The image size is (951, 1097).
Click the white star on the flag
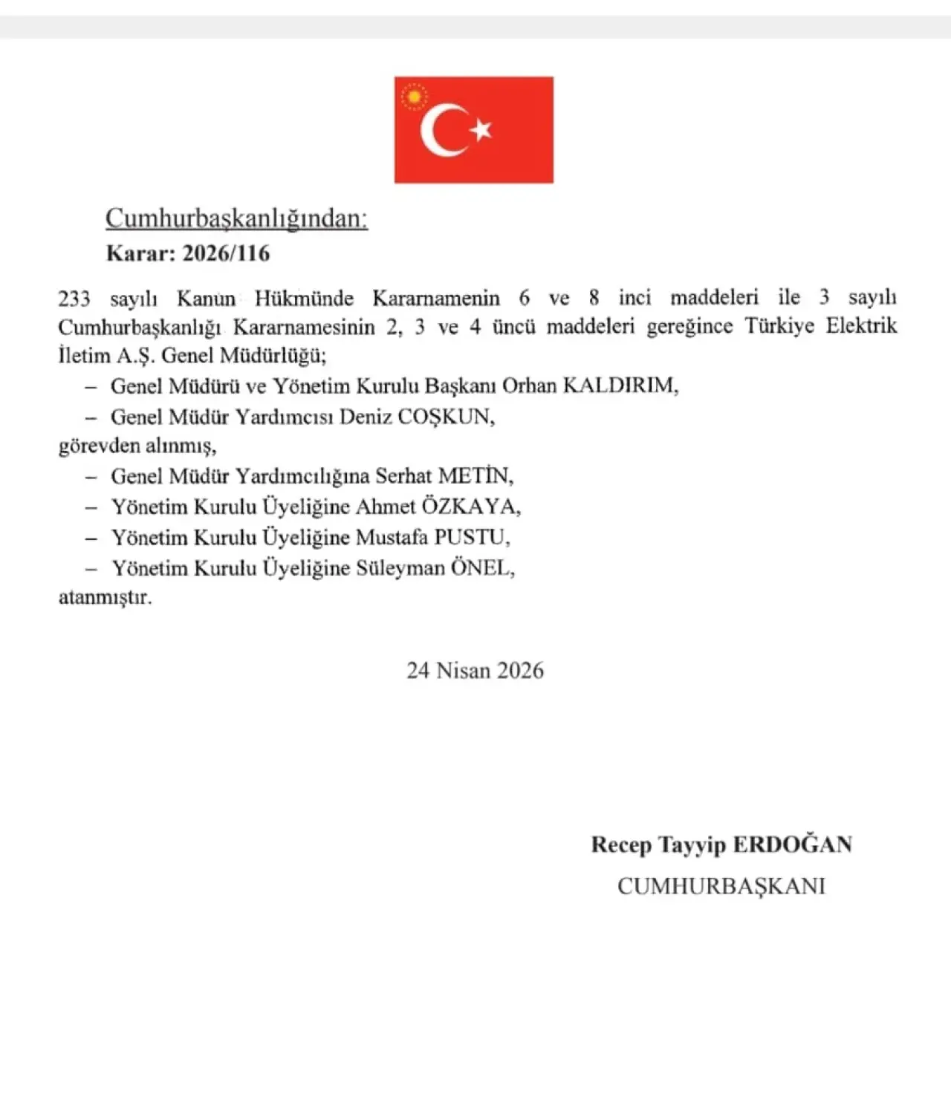(x=481, y=130)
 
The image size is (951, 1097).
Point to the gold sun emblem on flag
(x=415, y=97)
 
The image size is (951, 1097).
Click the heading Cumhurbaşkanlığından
(x=236, y=218)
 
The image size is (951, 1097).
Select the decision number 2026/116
(x=226, y=253)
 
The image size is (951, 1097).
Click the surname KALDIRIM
(x=619, y=385)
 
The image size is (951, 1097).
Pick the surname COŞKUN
(x=445, y=417)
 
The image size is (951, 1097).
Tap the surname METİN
(x=474, y=475)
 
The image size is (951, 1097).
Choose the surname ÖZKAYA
(x=470, y=507)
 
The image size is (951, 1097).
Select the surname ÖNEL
(x=481, y=568)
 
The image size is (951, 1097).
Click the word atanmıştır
(x=105, y=597)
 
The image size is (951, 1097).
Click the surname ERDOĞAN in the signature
(x=792, y=844)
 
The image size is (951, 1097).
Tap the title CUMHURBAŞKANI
(x=721, y=886)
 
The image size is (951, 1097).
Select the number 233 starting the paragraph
(x=74, y=299)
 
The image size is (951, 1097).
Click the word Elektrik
(x=861, y=326)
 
